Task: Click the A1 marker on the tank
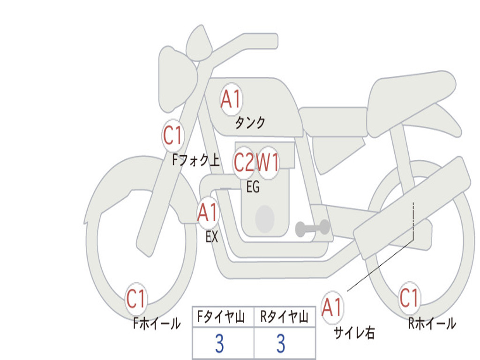point(231,99)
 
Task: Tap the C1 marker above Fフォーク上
point(172,136)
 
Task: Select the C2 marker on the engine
point(244,163)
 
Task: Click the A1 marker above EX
point(208,213)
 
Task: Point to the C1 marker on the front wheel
point(136,299)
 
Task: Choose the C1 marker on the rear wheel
point(409,298)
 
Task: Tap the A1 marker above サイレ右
point(332,307)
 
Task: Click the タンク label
point(250,123)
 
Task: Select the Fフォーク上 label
point(195,161)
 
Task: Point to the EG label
point(253,187)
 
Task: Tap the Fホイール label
point(157,323)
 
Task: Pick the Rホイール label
point(432,323)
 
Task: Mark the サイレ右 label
point(354,333)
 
